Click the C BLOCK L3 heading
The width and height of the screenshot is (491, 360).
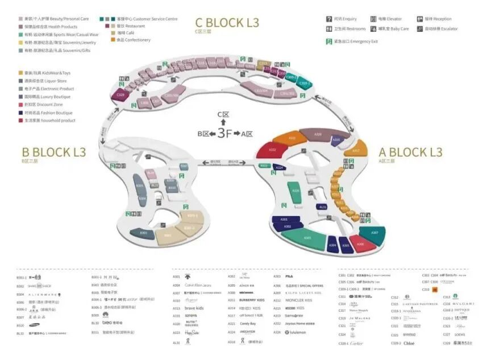[227, 23]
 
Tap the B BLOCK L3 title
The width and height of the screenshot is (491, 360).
[53, 152]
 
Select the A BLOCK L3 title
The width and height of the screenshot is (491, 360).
[410, 152]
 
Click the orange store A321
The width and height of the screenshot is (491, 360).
[291, 138]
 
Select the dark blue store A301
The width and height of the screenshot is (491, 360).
[284, 219]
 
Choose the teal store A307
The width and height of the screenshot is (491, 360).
[375, 233]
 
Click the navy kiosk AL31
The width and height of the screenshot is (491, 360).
[322, 208]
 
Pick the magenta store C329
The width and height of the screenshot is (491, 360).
[120, 95]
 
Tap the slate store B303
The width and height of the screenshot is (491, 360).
[143, 233]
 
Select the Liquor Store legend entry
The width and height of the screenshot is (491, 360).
[43, 81]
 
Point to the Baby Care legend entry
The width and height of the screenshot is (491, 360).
[395, 29]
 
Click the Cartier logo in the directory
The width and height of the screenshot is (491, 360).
[356, 343]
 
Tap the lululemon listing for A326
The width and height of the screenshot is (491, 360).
[296, 332]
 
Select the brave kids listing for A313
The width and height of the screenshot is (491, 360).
[194, 308]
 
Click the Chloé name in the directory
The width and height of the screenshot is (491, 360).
[409, 344]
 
